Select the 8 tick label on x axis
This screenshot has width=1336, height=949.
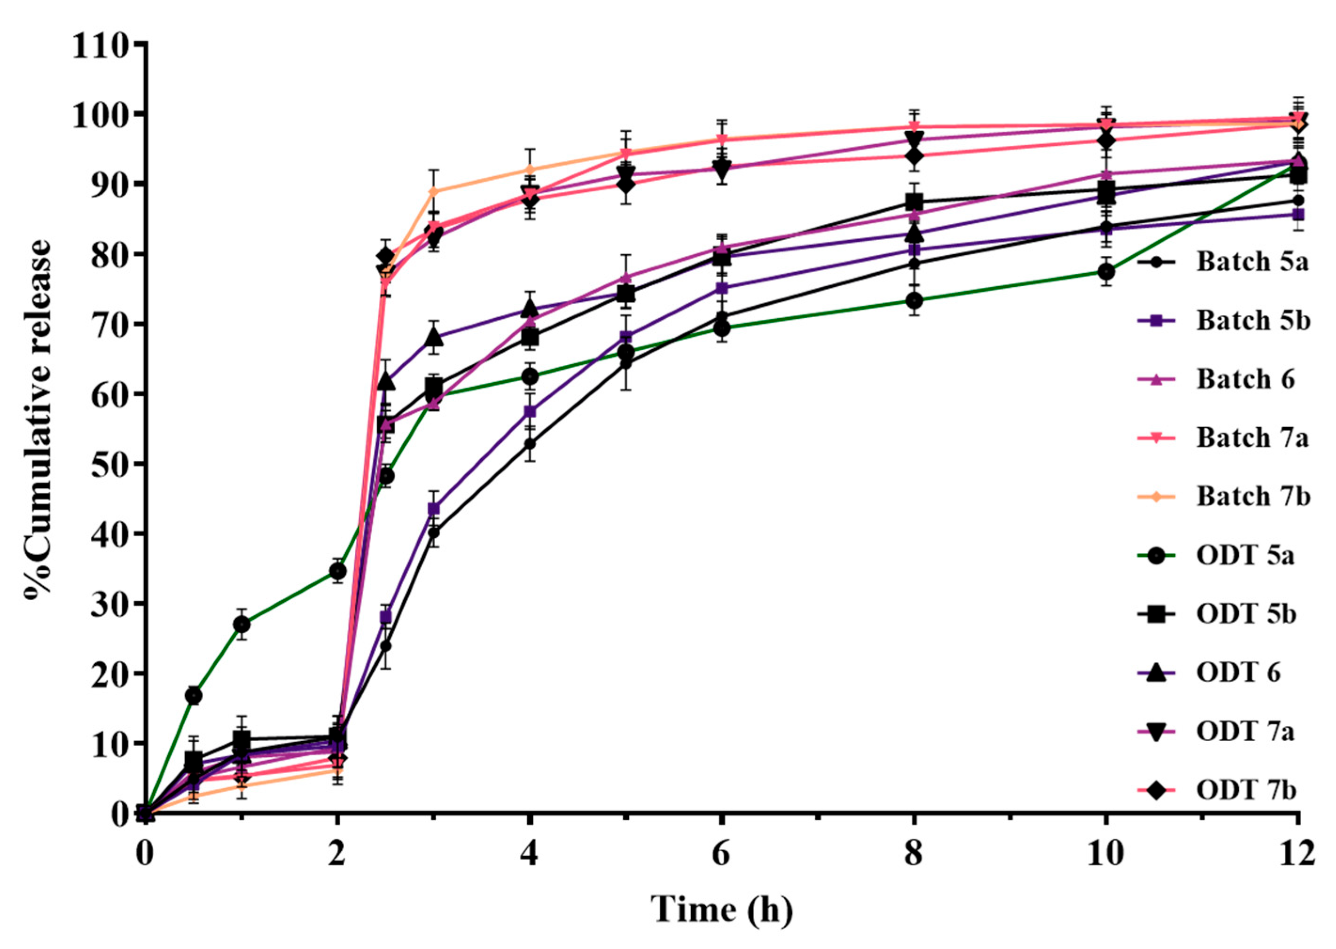coord(914,855)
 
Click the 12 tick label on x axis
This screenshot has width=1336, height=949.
coord(1297,855)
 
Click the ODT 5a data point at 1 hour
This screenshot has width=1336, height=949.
coord(242,625)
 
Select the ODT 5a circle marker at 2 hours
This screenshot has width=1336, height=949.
coord(337,571)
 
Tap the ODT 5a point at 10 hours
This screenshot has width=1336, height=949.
coord(1106,272)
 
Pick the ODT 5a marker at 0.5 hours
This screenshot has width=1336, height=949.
coord(194,695)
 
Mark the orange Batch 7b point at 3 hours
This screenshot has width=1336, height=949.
coord(433,191)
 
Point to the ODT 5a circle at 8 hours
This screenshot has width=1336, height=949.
coord(914,301)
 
